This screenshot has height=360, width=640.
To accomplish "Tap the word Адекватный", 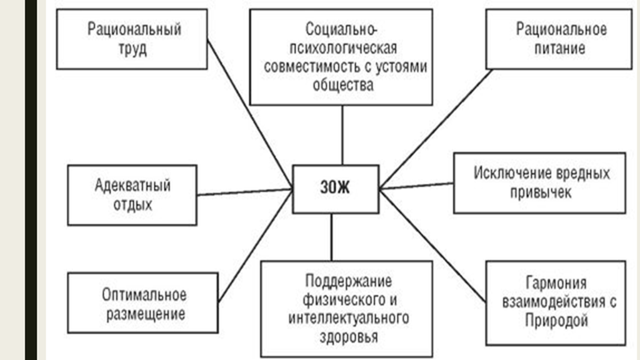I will tap(132, 186).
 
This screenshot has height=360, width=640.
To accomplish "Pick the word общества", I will tap(342, 86).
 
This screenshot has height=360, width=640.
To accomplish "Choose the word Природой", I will tap(556, 322).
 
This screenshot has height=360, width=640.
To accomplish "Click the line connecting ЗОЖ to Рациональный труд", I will tap(250, 113).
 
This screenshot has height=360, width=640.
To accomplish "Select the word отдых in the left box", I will tap(132, 204).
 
